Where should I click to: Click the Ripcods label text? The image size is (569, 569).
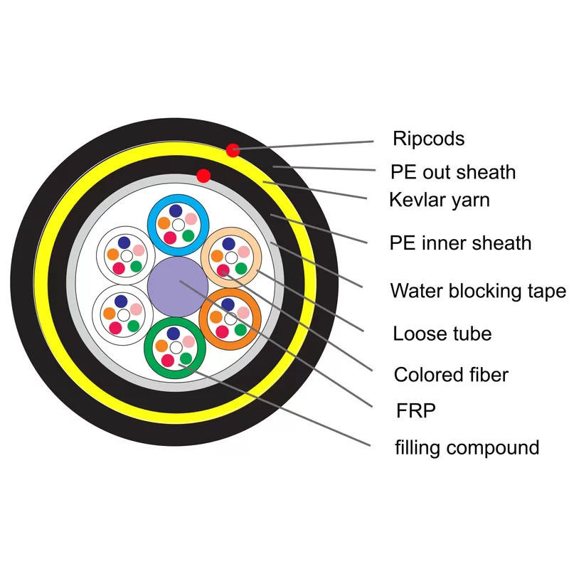428,138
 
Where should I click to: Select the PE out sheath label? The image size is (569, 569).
453,171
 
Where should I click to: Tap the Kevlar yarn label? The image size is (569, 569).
440,200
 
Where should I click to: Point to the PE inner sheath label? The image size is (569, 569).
460,243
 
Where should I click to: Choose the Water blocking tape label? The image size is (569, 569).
478,290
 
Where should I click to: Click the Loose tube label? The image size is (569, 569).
442,333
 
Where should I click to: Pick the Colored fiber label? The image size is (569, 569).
451,374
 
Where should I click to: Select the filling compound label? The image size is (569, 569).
467,447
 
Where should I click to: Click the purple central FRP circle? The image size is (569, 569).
177,286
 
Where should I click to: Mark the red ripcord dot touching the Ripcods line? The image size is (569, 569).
233,150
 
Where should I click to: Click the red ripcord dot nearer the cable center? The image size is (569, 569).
203,175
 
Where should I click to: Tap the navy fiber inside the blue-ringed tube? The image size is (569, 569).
174,212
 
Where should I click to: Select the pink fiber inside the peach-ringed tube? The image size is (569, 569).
244,252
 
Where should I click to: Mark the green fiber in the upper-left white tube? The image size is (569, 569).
135,267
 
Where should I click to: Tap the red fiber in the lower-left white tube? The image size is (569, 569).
115,327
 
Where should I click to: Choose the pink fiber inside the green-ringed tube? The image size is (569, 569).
188,342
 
